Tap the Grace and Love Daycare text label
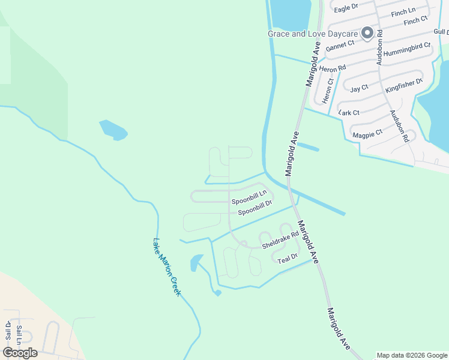(x=312, y=34)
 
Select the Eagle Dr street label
(x=345, y=7)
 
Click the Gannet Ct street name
(x=342, y=46)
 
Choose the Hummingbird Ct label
(x=408, y=49)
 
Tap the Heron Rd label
(x=333, y=69)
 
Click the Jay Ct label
(x=358, y=88)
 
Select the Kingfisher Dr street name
(x=404, y=85)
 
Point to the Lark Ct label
(x=349, y=112)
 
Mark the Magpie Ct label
(x=367, y=133)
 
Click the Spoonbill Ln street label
(x=249, y=202)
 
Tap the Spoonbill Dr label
(x=255, y=211)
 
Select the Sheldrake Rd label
(x=280, y=240)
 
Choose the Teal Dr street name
(x=288, y=258)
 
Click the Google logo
(x=20, y=352)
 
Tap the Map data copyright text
(x=412, y=355)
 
